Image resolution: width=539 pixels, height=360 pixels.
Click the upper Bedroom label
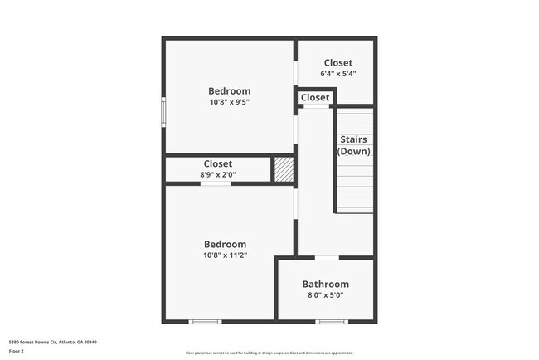tap(229, 91)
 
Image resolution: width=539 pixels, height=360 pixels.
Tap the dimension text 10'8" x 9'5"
tap(229, 102)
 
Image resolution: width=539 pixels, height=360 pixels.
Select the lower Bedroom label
tap(226, 244)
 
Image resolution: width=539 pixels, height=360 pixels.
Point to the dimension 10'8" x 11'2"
tap(226, 255)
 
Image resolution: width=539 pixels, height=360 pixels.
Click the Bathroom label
tap(325, 284)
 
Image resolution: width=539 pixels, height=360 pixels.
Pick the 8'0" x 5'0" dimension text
tap(325, 294)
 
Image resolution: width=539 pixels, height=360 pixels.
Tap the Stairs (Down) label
tap(353, 145)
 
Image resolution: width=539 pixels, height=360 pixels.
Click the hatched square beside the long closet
tap(284, 168)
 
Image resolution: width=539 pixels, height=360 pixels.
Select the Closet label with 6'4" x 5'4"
tap(337, 62)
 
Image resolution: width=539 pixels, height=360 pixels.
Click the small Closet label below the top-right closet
tap(315, 98)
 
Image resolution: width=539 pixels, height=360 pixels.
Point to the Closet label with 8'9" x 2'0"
tap(218, 163)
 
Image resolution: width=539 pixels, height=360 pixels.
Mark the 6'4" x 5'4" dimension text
tap(337, 73)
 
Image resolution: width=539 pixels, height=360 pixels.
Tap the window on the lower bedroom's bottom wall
tap(205, 322)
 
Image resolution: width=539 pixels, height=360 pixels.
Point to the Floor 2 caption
tap(17, 351)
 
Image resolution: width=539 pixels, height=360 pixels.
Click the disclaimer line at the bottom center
tap(269, 353)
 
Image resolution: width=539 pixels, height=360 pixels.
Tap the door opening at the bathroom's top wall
tap(327, 258)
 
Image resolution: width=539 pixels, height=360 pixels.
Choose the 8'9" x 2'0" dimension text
tap(217, 174)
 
